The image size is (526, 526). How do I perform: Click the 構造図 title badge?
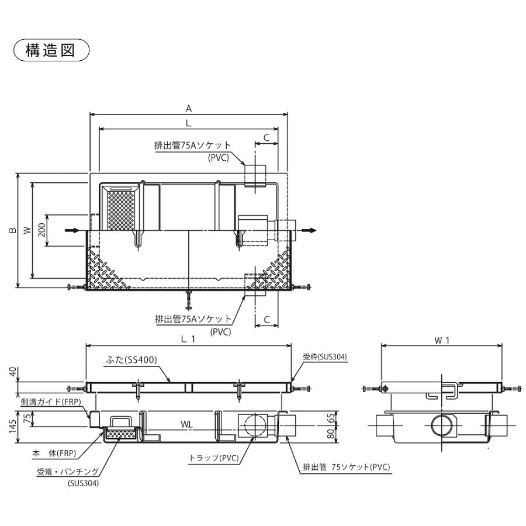(x=51, y=50)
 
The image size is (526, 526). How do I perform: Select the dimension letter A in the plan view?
(x=189, y=108)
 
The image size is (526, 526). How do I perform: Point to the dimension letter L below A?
(x=189, y=123)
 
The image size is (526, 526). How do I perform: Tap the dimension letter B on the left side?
(x=12, y=231)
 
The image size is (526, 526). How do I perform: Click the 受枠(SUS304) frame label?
(x=325, y=356)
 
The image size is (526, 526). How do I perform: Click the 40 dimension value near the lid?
(x=12, y=372)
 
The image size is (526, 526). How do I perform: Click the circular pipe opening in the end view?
(x=442, y=425)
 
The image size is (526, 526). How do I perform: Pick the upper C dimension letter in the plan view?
(x=266, y=138)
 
